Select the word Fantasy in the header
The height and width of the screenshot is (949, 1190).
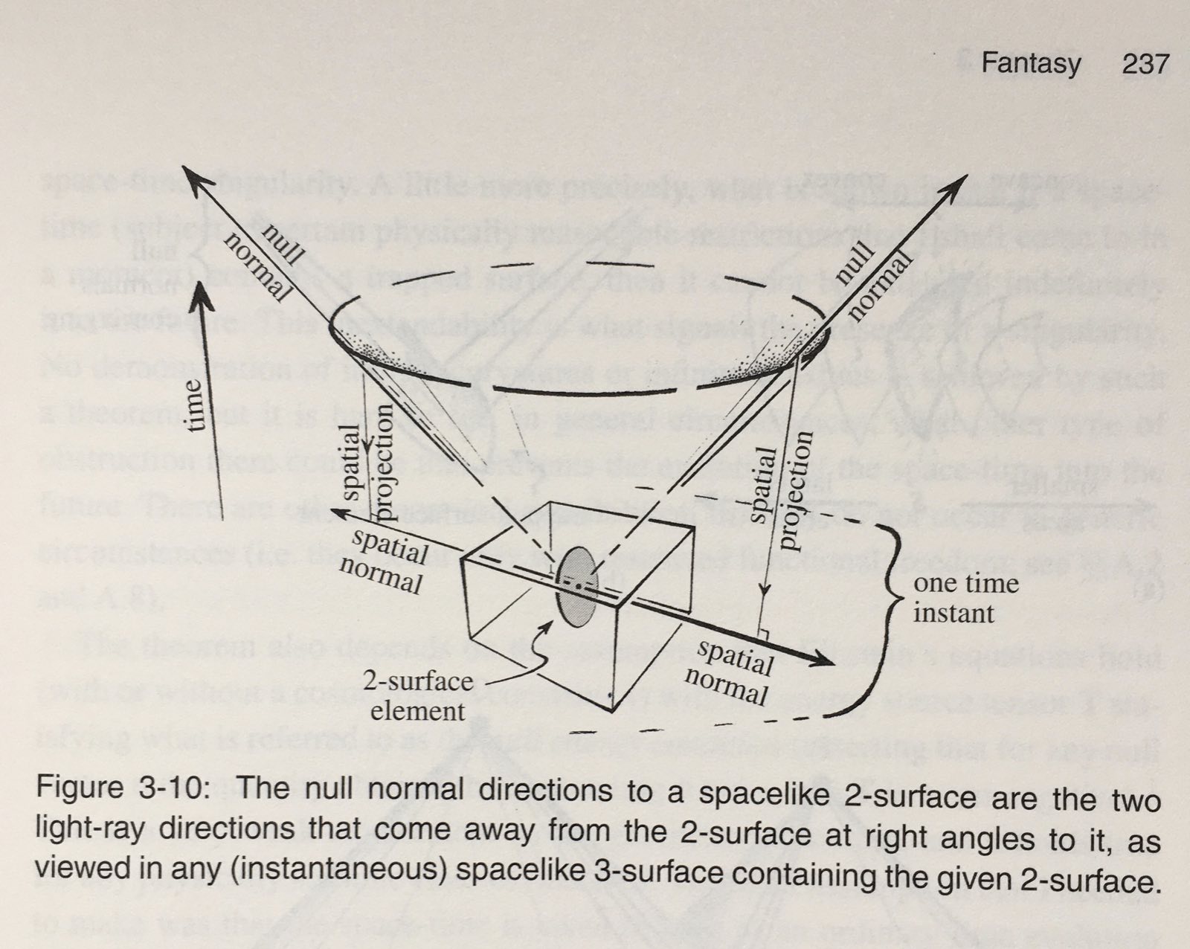1031,64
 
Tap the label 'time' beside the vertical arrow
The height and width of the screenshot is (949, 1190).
193,406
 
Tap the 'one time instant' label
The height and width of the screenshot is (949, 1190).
965,598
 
